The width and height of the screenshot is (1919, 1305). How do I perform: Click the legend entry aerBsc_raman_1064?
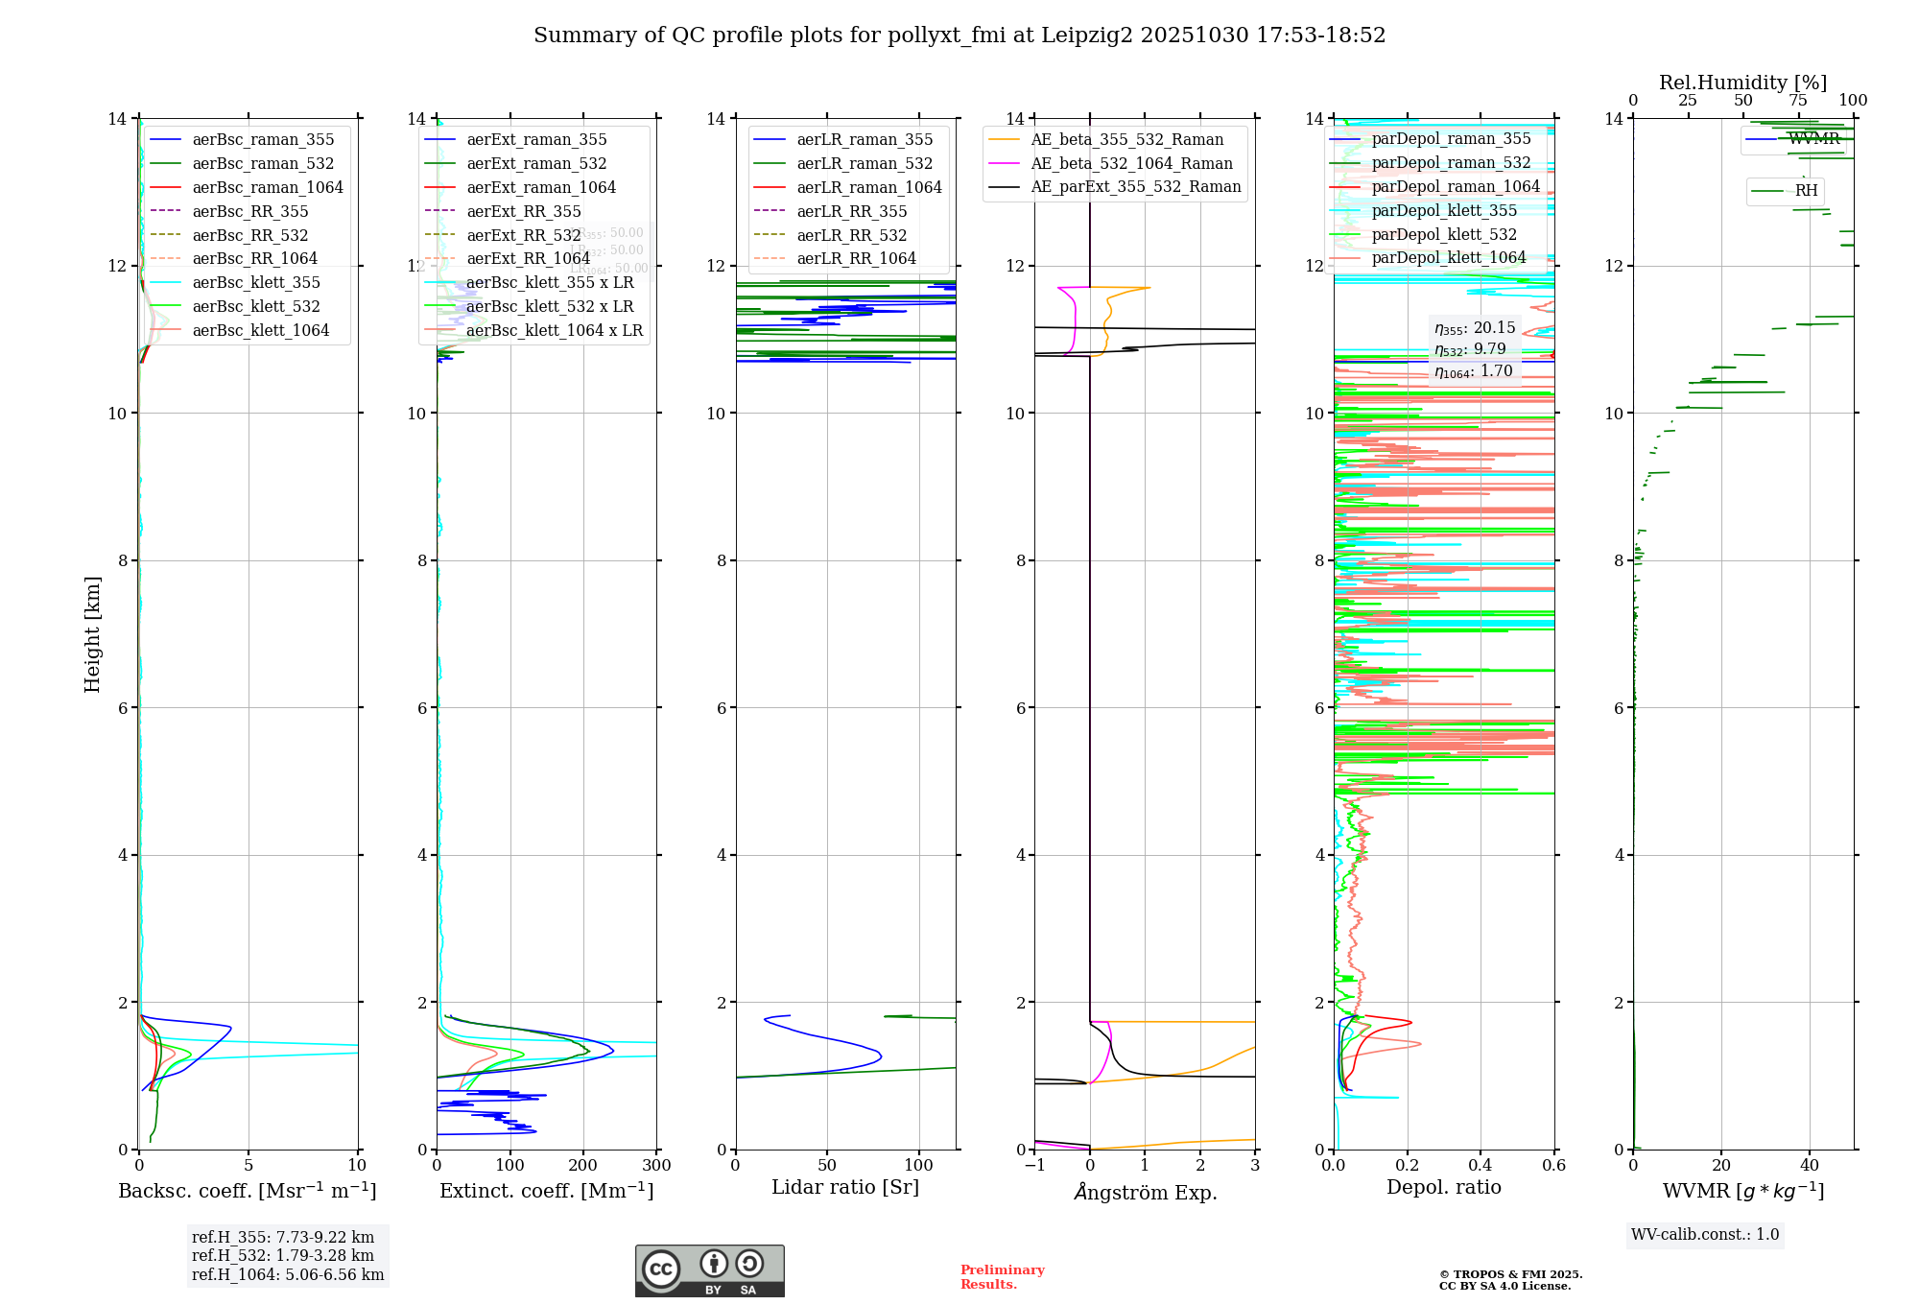coord(267,187)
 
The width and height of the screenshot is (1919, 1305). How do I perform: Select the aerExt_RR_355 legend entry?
coord(523,211)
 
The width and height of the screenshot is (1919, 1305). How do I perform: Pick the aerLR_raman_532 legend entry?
coord(864,163)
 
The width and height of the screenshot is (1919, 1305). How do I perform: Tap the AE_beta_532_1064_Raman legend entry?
coord(1131,163)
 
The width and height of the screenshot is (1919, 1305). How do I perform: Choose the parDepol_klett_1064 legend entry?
coord(1448,257)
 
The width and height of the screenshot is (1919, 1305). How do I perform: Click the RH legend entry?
coord(1806,191)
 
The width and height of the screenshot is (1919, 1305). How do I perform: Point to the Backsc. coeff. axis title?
coord(247,1191)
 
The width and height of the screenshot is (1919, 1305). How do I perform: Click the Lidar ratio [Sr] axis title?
coord(844,1187)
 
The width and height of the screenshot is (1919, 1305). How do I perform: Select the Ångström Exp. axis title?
coord(1145,1192)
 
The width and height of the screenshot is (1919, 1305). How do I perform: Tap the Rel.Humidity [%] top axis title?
coord(1742,83)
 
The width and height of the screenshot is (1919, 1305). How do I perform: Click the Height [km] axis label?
coord(92,633)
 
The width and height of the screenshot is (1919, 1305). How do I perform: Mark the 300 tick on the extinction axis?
coord(657,1166)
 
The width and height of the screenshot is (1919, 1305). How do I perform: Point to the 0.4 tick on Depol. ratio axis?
coord(1481,1166)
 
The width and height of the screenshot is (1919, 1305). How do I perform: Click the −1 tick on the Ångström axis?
coord(1034,1166)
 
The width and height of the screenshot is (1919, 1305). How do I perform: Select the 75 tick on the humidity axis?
coord(1798,101)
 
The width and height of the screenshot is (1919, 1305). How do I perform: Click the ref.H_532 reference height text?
coord(282,1255)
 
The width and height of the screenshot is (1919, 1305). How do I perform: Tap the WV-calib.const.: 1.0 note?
coord(1705,1235)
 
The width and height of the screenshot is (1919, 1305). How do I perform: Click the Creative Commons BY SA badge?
coord(709,1270)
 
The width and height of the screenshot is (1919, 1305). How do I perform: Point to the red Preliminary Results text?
coord(1002,1277)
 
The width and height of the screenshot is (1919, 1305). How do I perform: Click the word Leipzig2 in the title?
coord(1086,36)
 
